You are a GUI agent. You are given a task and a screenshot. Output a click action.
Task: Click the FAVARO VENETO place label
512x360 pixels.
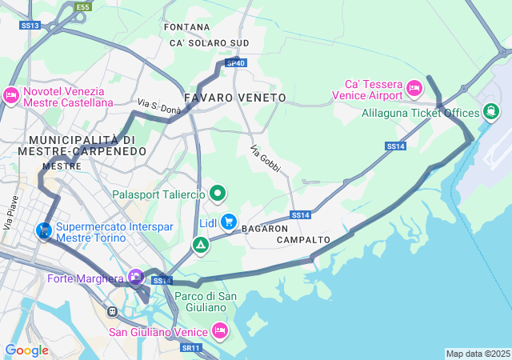point(234,98)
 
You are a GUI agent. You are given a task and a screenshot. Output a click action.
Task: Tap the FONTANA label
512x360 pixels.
point(186,27)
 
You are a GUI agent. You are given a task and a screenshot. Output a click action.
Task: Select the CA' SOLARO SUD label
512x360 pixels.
point(209,42)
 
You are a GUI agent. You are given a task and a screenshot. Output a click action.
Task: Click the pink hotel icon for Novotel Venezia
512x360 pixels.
point(10,96)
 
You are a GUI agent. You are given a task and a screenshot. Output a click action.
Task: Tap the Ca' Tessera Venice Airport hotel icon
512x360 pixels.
point(414,86)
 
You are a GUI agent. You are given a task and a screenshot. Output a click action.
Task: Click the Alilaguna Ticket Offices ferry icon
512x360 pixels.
point(489,113)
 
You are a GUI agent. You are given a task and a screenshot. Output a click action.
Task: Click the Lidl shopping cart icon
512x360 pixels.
point(230,221)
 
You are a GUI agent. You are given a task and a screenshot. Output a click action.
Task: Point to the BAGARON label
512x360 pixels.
point(265,229)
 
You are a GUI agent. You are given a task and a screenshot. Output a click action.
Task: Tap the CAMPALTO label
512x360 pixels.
point(303,240)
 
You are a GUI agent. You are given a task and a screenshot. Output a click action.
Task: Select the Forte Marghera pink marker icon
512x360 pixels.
point(135,278)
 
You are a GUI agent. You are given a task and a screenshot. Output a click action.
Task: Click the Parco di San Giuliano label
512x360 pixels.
point(206,302)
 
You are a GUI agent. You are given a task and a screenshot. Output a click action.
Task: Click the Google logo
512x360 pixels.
point(26,350)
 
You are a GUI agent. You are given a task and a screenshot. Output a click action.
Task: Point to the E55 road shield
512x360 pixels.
point(82,7)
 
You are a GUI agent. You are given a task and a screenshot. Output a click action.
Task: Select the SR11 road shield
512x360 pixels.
point(190,348)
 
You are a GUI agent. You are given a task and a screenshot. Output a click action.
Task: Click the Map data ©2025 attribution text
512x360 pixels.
point(478,354)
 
